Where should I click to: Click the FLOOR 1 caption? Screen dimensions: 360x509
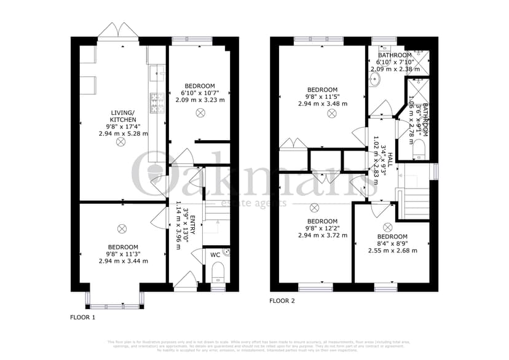click(82, 318)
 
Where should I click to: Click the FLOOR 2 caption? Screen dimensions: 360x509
click(282, 301)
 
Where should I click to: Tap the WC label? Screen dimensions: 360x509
click(215, 253)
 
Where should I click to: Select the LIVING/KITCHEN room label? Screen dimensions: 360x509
click(123, 115)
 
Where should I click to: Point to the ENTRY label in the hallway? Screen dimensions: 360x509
click(192, 222)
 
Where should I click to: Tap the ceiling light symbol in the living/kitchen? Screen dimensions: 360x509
click(120, 142)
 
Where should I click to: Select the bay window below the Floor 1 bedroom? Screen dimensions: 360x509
click(115, 300)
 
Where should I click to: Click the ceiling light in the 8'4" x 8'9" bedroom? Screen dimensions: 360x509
click(387, 227)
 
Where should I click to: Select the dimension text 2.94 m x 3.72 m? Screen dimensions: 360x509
click(322, 235)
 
